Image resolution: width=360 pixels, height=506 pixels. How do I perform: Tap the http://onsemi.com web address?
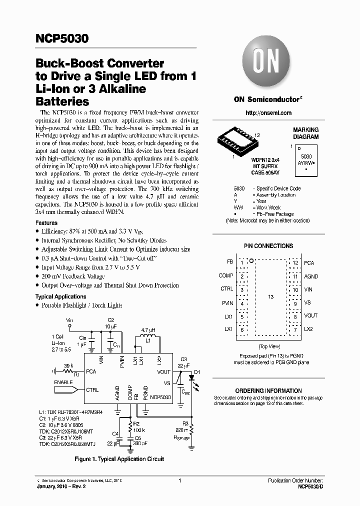tap(268, 113)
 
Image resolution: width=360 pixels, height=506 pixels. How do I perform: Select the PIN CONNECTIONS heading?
tap(268, 246)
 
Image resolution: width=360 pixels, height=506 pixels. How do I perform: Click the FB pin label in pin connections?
tap(229, 262)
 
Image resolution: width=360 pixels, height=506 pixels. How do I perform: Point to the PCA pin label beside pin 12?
tap(309, 262)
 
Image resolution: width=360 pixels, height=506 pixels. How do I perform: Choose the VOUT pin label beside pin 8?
tap(310, 316)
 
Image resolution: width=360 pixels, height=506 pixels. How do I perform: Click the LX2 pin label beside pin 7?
tap(308, 329)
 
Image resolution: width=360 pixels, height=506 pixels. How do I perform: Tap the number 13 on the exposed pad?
tap(270, 297)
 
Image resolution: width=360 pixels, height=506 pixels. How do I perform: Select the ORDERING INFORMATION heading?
tap(268, 391)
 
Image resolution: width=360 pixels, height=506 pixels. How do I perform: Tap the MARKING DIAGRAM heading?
tap(305, 133)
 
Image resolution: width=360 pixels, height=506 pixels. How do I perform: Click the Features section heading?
tap(46, 223)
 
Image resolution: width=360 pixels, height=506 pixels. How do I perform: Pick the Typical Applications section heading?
tap(61, 297)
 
